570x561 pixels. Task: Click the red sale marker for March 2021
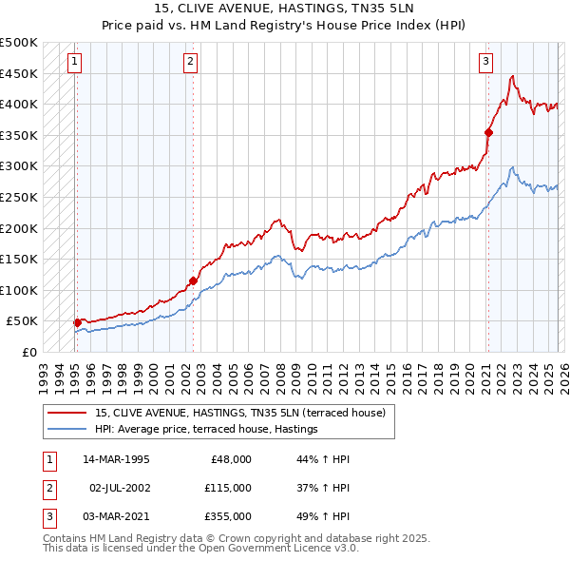(x=488, y=132)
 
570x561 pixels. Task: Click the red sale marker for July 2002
(x=193, y=280)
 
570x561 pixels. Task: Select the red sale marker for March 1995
(x=77, y=322)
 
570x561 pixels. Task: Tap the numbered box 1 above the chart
(x=74, y=63)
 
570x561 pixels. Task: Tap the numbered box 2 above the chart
(x=190, y=63)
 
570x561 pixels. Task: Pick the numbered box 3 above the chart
(x=485, y=63)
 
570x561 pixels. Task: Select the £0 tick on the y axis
(x=30, y=353)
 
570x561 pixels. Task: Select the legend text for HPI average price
(x=206, y=430)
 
